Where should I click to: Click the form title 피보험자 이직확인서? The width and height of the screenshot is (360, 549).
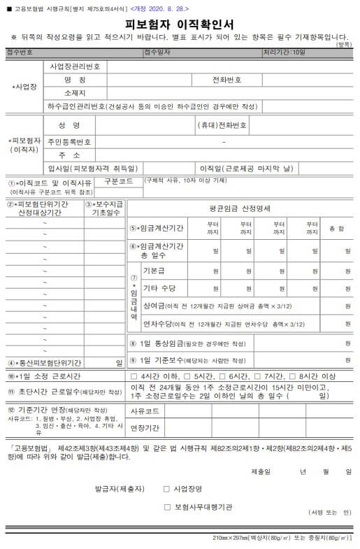[180, 24]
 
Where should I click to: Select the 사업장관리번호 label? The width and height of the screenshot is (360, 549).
[75, 66]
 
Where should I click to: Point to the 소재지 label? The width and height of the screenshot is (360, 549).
[75, 93]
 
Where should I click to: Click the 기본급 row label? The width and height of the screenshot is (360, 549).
[155, 271]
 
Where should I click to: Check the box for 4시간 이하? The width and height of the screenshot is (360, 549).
[135, 376]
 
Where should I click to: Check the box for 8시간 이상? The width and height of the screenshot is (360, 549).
[294, 376]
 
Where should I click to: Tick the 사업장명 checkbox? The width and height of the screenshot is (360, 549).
[166, 489]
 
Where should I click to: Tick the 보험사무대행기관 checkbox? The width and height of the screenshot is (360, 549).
[166, 507]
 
